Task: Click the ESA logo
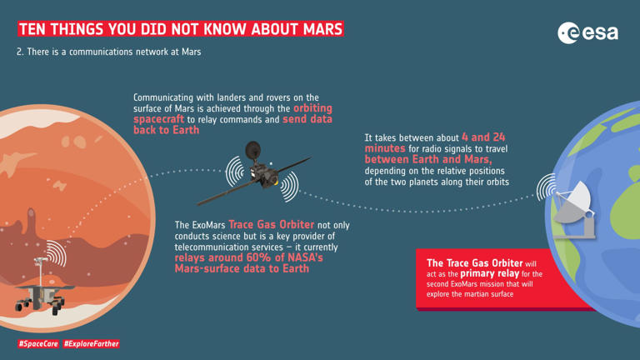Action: [588, 32]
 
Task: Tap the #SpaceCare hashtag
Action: [38, 343]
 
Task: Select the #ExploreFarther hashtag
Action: [92, 343]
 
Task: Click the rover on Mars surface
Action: [42, 287]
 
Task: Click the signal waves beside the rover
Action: [57, 252]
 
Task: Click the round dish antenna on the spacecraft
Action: [252, 150]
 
